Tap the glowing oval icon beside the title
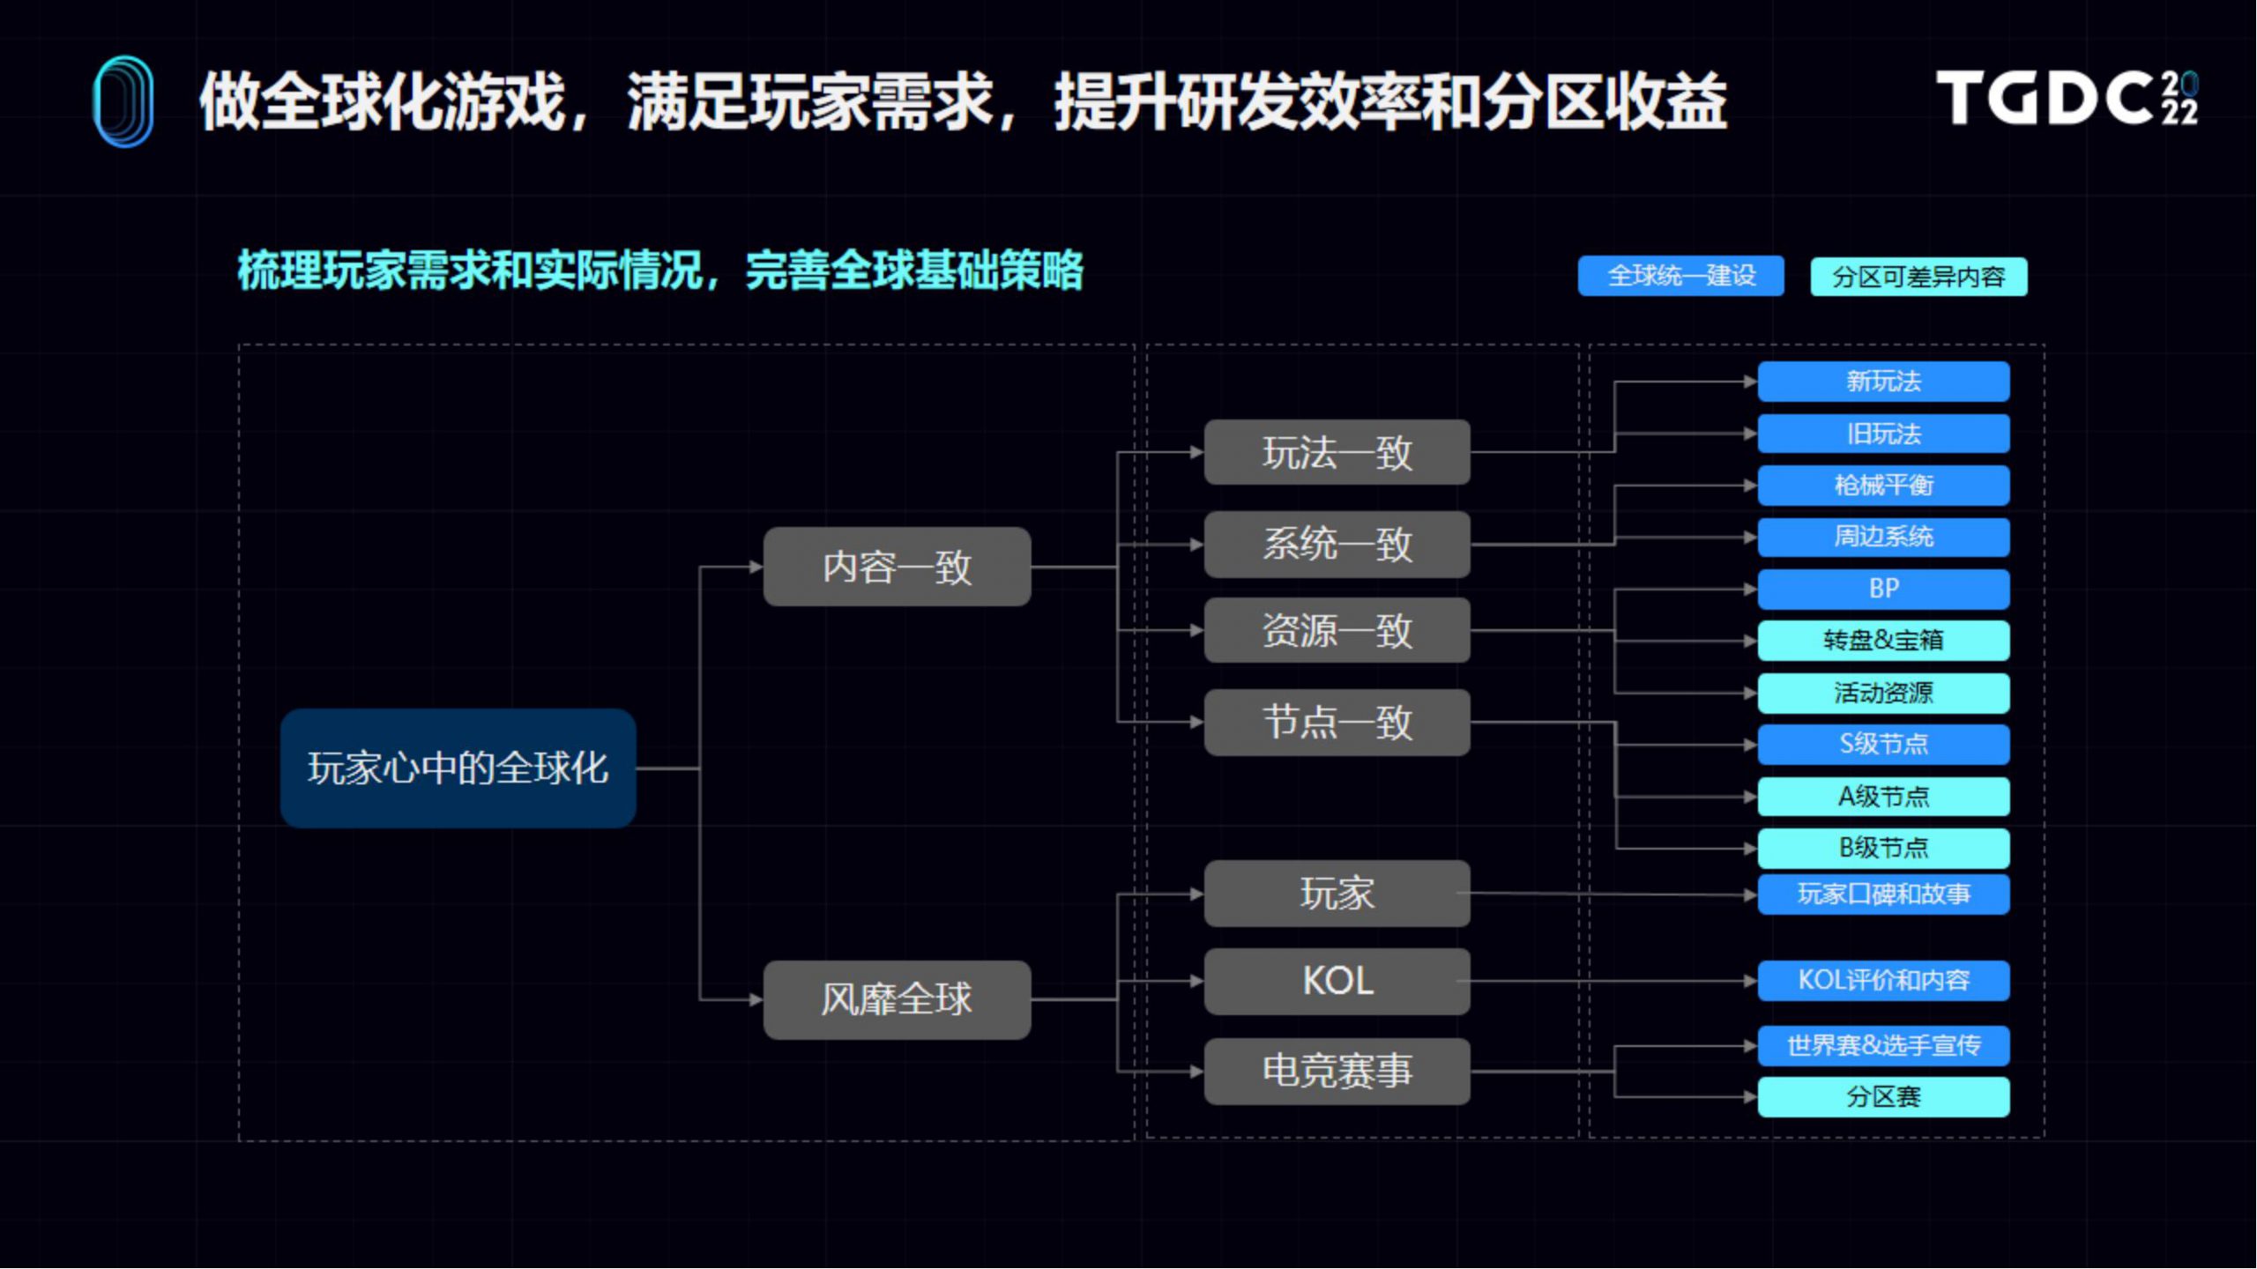(x=123, y=101)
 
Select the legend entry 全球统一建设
(x=1680, y=276)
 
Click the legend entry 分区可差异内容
(x=1918, y=277)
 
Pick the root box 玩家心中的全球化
(x=458, y=768)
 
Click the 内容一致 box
(x=897, y=567)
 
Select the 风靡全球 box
(x=897, y=999)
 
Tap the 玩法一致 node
(x=1337, y=452)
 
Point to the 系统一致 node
(x=1337, y=544)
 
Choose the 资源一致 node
(x=1337, y=630)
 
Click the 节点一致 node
(x=1337, y=722)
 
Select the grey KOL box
(x=1337, y=981)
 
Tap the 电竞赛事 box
(x=1337, y=1071)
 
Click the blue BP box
(x=1883, y=589)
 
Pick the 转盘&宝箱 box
(x=1883, y=641)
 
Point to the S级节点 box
(x=1883, y=744)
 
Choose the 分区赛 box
(x=1883, y=1097)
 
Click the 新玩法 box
(x=1883, y=382)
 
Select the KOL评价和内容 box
(x=1883, y=980)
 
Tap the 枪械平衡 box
(x=1883, y=485)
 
